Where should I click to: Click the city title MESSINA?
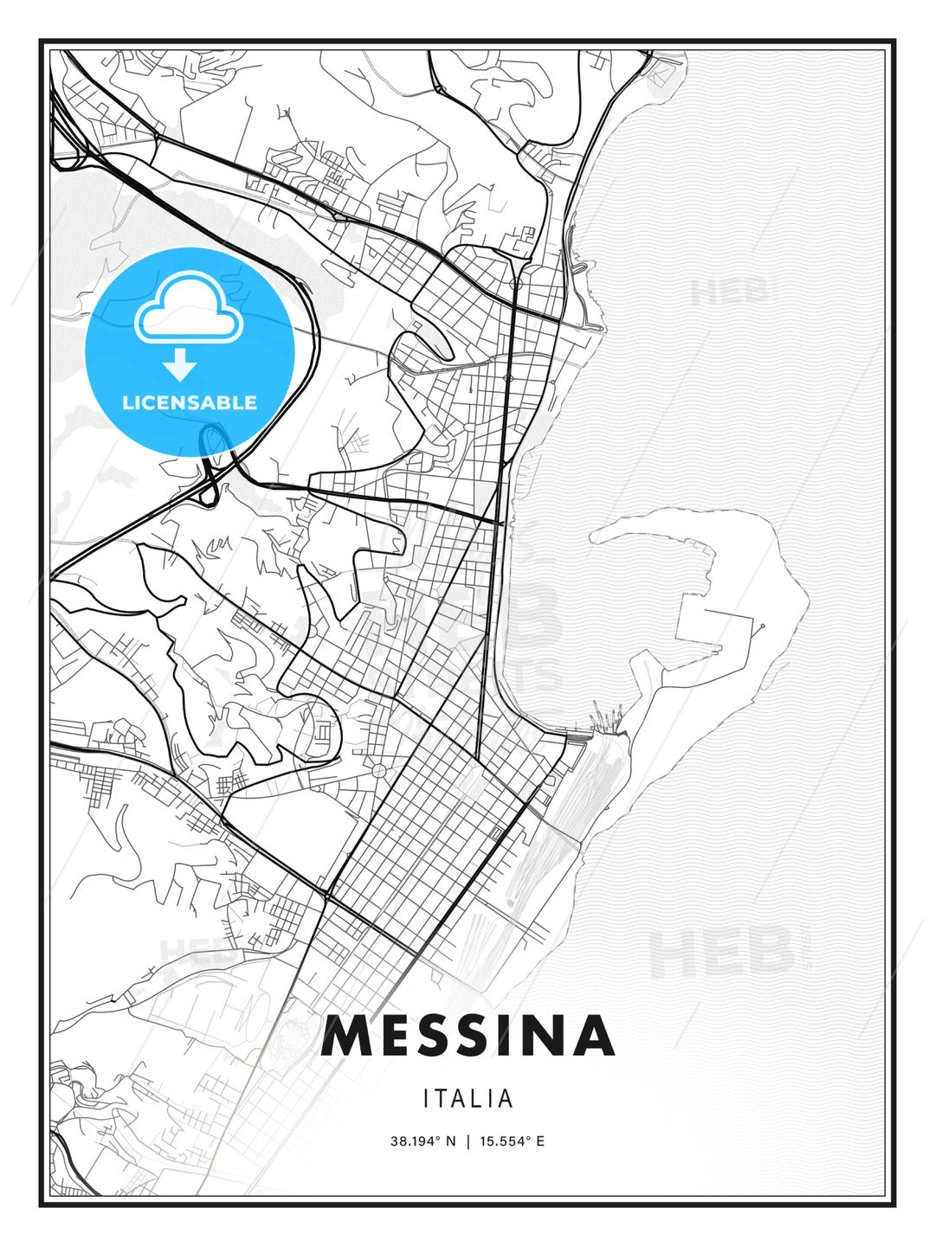tap(467, 1037)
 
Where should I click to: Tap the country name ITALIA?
tap(468, 1099)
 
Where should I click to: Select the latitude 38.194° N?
tap(422, 1141)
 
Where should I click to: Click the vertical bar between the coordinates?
tap(467, 1141)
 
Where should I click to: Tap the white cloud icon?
tap(187, 308)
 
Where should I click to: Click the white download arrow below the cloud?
tap(180, 364)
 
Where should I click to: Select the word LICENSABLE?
tap(190, 402)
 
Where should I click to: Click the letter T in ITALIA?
tap(446, 1099)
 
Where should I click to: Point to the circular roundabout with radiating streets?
tap(378, 769)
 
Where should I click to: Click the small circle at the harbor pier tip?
tap(763, 626)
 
